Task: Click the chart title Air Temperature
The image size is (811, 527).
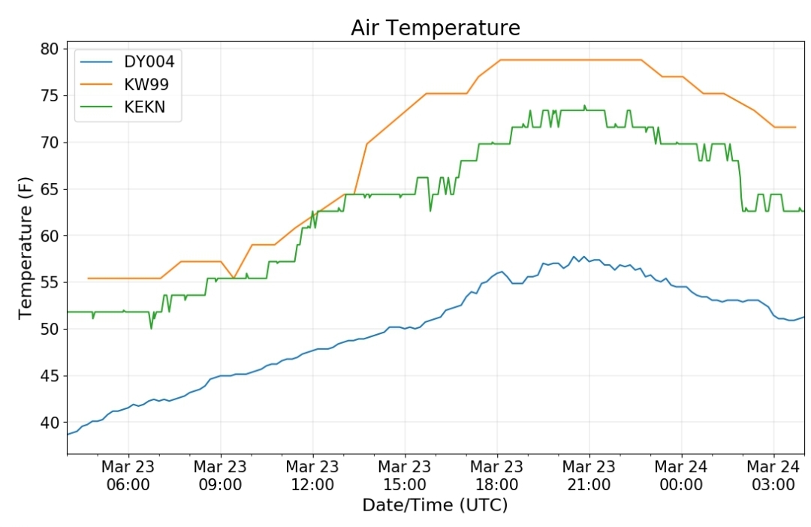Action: (435, 28)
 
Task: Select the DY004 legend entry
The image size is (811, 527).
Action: (127, 62)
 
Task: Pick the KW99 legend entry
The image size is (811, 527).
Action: (124, 84)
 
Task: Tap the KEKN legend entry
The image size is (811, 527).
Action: (123, 107)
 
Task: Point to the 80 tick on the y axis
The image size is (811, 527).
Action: (50, 49)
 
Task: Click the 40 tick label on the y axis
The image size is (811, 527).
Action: (50, 423)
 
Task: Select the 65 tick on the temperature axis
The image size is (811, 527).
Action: (50, 189)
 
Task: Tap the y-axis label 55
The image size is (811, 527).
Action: (50, 282)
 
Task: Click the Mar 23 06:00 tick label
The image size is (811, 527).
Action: (128, 475)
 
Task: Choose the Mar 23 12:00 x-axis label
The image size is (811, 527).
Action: (312, 475)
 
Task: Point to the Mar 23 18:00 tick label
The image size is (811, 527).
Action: (497, 475)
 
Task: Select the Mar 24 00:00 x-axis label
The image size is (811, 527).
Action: (681, 475)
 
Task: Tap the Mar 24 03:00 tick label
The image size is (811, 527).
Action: (773, 475)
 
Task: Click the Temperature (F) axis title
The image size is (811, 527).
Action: (25, 248)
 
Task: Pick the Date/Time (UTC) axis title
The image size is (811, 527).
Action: (435, 504)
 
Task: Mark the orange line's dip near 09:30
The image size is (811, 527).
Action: (234, 278)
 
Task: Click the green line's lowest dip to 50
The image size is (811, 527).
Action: (151, 328)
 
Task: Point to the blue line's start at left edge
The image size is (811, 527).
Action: (68, 435)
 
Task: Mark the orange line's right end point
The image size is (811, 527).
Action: (795, 127)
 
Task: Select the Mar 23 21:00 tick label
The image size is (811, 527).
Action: (589, 475)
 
